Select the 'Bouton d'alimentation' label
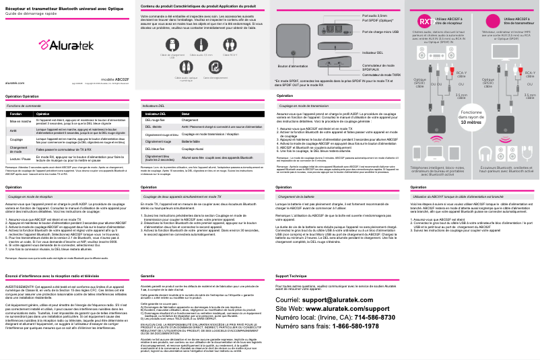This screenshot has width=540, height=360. click(292, 67)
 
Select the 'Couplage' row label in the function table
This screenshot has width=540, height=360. click(18, 139)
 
